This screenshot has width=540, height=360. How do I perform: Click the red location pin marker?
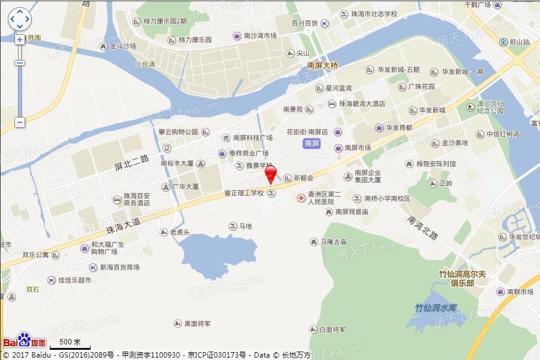(x=271, y=174)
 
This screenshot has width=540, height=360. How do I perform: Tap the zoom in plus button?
(x=20, y=40)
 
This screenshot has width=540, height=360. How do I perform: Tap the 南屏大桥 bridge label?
(x=322, y=65)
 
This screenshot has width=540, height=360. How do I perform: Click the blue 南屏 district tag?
(x=311, y=143)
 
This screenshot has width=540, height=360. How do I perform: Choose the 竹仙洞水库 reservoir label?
(x=436, y=308)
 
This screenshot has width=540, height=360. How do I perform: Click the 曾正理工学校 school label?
(x=244, y=193)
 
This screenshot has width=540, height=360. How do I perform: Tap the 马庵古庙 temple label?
(x=333, y=242)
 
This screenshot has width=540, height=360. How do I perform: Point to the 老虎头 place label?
(x=179, y=232)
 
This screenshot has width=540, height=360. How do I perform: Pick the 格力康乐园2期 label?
(x=165, y=21)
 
